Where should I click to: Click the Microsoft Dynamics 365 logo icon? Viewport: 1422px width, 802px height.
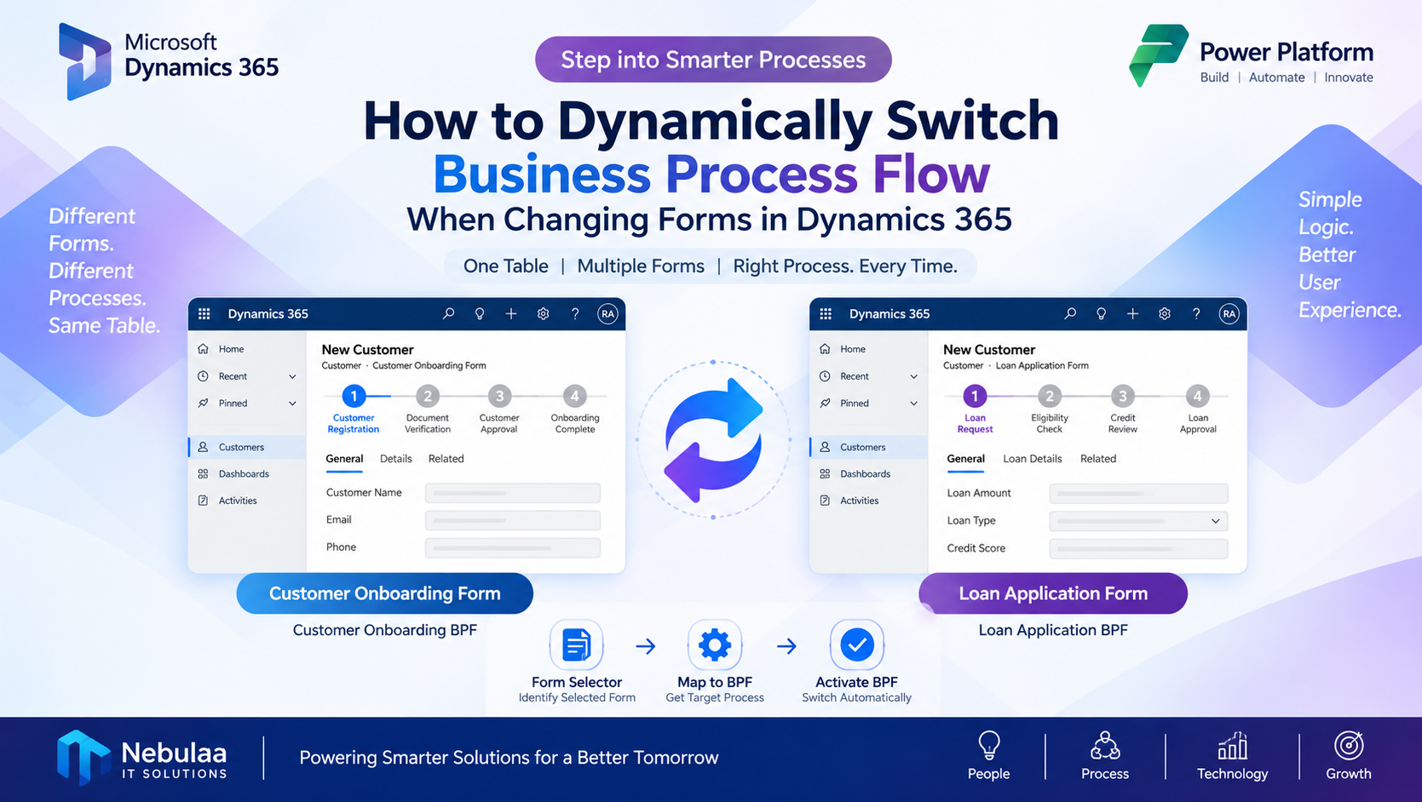point(84,61)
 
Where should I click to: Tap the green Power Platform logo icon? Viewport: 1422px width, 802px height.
point(1159,54)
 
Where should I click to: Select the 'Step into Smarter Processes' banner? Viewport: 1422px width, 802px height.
point(713,59)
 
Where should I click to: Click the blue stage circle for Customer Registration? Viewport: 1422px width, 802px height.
point(354,396)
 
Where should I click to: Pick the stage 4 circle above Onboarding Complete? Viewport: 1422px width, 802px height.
point(574,396)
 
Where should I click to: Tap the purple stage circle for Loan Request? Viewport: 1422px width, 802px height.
point(975,396)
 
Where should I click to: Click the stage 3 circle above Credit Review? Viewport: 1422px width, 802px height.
point(1122,396)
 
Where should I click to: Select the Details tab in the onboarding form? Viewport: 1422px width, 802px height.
point(395,458)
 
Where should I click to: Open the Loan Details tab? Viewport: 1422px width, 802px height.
point(1033,458)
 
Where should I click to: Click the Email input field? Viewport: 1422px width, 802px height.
point(513,520)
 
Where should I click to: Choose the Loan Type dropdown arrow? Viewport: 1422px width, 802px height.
point(1215,521)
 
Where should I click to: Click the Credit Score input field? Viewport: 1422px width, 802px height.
point(1138,548)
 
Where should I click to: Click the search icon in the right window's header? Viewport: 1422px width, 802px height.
point(1069,313)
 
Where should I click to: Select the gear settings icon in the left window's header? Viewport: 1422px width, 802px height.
point(543,313)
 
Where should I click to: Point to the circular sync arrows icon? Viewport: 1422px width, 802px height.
point(713,439)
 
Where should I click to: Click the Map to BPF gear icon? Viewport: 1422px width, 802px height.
point(715,644)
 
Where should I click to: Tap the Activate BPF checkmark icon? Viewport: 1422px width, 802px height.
point(857,644)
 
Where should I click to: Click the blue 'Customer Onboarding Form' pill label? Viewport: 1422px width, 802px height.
point(385,593)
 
